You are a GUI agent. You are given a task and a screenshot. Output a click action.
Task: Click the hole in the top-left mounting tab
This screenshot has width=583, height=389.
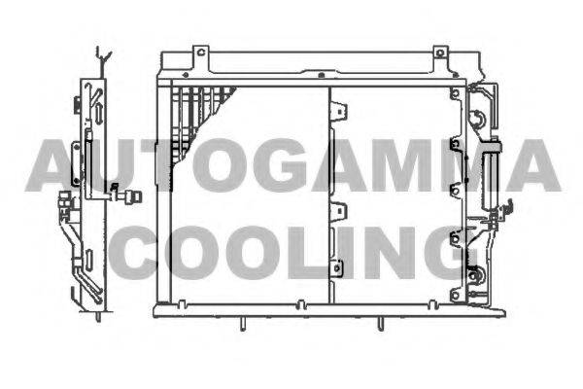201,53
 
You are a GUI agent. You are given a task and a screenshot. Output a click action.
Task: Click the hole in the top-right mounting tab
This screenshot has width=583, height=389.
440,53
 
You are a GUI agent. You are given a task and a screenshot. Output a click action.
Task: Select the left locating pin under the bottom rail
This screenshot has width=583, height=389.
242,324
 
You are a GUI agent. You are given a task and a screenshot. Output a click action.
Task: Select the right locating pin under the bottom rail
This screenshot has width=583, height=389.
380,324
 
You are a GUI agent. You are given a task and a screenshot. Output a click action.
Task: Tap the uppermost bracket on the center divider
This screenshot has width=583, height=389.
339,111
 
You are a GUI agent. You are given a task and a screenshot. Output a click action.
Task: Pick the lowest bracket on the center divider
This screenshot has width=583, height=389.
337,268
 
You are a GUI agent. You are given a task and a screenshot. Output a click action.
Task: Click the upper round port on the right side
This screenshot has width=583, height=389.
476,119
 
